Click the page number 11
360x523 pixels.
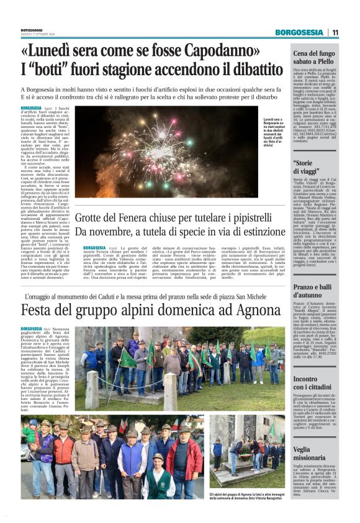pos(335,32)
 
